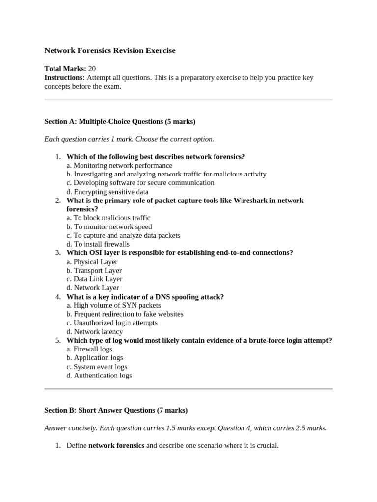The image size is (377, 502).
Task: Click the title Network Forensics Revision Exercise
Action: (x=109, y=50)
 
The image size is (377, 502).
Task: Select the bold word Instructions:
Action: (x=64, y=77)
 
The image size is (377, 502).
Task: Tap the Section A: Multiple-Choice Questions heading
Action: (x=119, y=121)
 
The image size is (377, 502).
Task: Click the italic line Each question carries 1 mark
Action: (x=129, y=139)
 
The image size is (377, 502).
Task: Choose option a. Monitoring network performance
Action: (x=119, y=165)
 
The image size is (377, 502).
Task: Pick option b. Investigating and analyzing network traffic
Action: (x=166, y=174)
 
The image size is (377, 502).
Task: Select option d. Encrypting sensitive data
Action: (x=108, y=192)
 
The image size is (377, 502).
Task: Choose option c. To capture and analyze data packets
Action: (x=123, y=235)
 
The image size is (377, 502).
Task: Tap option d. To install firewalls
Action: (x=98, y=244)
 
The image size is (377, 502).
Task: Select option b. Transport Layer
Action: (x=94, y=271)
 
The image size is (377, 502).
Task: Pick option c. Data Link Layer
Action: (x=94, y=279)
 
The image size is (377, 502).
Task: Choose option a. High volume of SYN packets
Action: (x=113, y=305)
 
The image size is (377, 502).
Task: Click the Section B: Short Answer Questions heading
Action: (x=115, y=410)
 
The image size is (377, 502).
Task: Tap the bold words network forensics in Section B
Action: (x=116, y=446)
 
